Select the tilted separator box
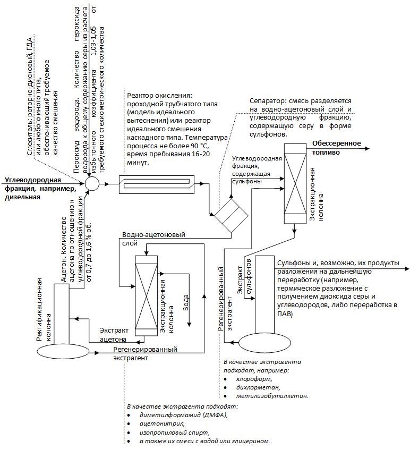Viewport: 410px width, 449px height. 230,215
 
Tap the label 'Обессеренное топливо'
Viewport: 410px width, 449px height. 336,147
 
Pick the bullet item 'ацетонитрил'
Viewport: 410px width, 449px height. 163,423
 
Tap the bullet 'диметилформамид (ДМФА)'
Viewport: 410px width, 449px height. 184,415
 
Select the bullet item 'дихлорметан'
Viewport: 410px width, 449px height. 257,387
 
